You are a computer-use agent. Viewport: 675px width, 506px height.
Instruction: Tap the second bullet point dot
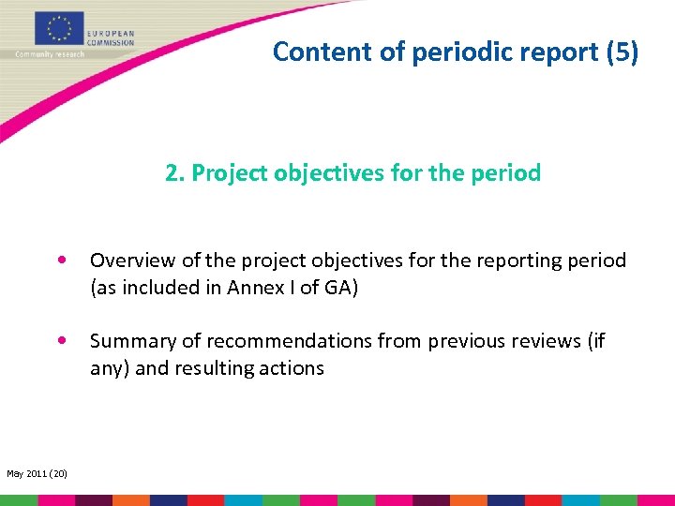[x=61, y=341]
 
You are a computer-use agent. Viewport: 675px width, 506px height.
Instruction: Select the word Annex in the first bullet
[x=253, y=288]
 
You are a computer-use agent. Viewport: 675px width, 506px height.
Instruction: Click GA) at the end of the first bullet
[x=341, y=288]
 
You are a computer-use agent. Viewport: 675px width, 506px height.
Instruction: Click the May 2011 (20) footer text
[x=37, y=473]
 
